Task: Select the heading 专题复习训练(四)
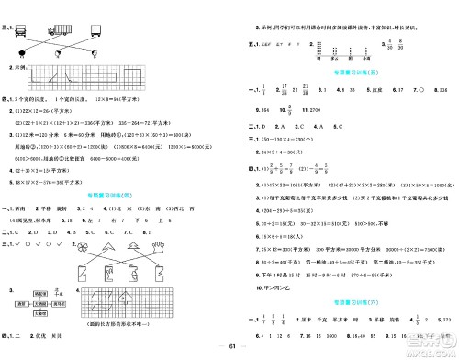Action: tap(115, 196)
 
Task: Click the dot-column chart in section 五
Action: tap(325, 44)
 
